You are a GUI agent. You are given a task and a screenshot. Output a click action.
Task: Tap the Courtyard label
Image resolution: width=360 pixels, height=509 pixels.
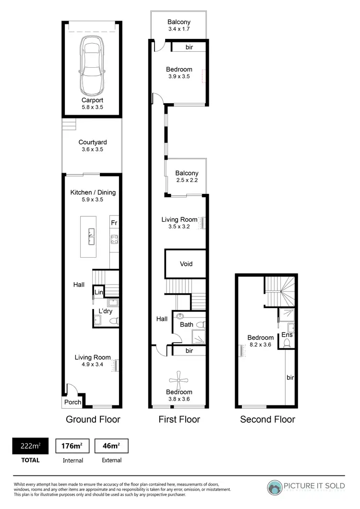click(93, 142)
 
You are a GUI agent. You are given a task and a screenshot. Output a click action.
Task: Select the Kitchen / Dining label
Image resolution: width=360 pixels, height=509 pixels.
click(93, 192)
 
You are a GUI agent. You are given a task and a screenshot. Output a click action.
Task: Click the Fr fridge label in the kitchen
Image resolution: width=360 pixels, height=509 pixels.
click(114, 223)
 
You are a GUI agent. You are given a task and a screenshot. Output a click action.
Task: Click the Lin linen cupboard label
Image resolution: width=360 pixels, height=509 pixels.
click(98, 292)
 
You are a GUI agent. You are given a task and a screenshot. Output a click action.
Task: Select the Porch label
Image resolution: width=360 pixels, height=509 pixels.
click(72, 402)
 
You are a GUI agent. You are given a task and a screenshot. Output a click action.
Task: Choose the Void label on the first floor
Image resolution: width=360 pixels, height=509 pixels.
click(186, 264)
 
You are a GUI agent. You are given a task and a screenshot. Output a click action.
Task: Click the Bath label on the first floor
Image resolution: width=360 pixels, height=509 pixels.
click(186, 325)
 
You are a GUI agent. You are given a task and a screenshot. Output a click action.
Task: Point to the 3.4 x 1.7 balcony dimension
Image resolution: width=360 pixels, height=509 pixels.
click(179, 30)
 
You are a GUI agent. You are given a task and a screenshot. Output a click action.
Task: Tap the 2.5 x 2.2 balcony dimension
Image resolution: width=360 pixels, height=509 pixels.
click(186, 180)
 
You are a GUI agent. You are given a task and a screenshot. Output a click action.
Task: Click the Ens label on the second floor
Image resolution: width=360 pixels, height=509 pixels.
click(287, 334)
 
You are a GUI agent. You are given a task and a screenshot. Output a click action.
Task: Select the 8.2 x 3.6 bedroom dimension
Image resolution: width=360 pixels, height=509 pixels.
click(261, 344)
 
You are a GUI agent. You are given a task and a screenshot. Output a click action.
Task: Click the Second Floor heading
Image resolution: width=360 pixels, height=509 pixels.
click(267, 419)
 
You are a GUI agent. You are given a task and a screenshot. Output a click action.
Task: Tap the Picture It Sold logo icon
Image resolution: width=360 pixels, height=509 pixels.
click(275, 487)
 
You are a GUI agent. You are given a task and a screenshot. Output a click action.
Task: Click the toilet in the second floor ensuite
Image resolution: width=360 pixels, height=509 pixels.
click(288, 343)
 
